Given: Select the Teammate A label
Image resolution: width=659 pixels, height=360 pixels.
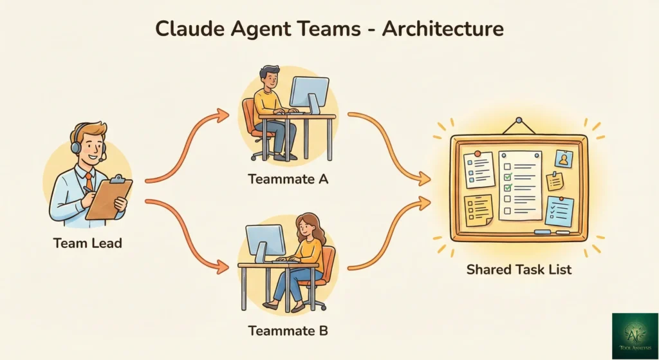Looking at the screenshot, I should (288, 180).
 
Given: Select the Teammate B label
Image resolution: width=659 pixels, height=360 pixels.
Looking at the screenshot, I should (288, 332).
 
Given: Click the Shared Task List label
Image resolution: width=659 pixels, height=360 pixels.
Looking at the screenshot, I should (519, 269).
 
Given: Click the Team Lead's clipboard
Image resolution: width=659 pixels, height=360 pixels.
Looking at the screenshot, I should (109, 199).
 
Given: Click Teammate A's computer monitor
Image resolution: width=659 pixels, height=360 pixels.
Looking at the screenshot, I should (308, 92).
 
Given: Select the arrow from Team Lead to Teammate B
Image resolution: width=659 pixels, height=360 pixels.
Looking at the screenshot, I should (187, 234).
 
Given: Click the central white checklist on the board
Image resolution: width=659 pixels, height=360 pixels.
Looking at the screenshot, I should (520, 185).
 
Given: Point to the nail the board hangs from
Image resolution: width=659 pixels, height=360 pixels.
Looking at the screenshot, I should (519, 120).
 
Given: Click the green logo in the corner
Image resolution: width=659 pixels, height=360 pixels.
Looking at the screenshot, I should (634, 336).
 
